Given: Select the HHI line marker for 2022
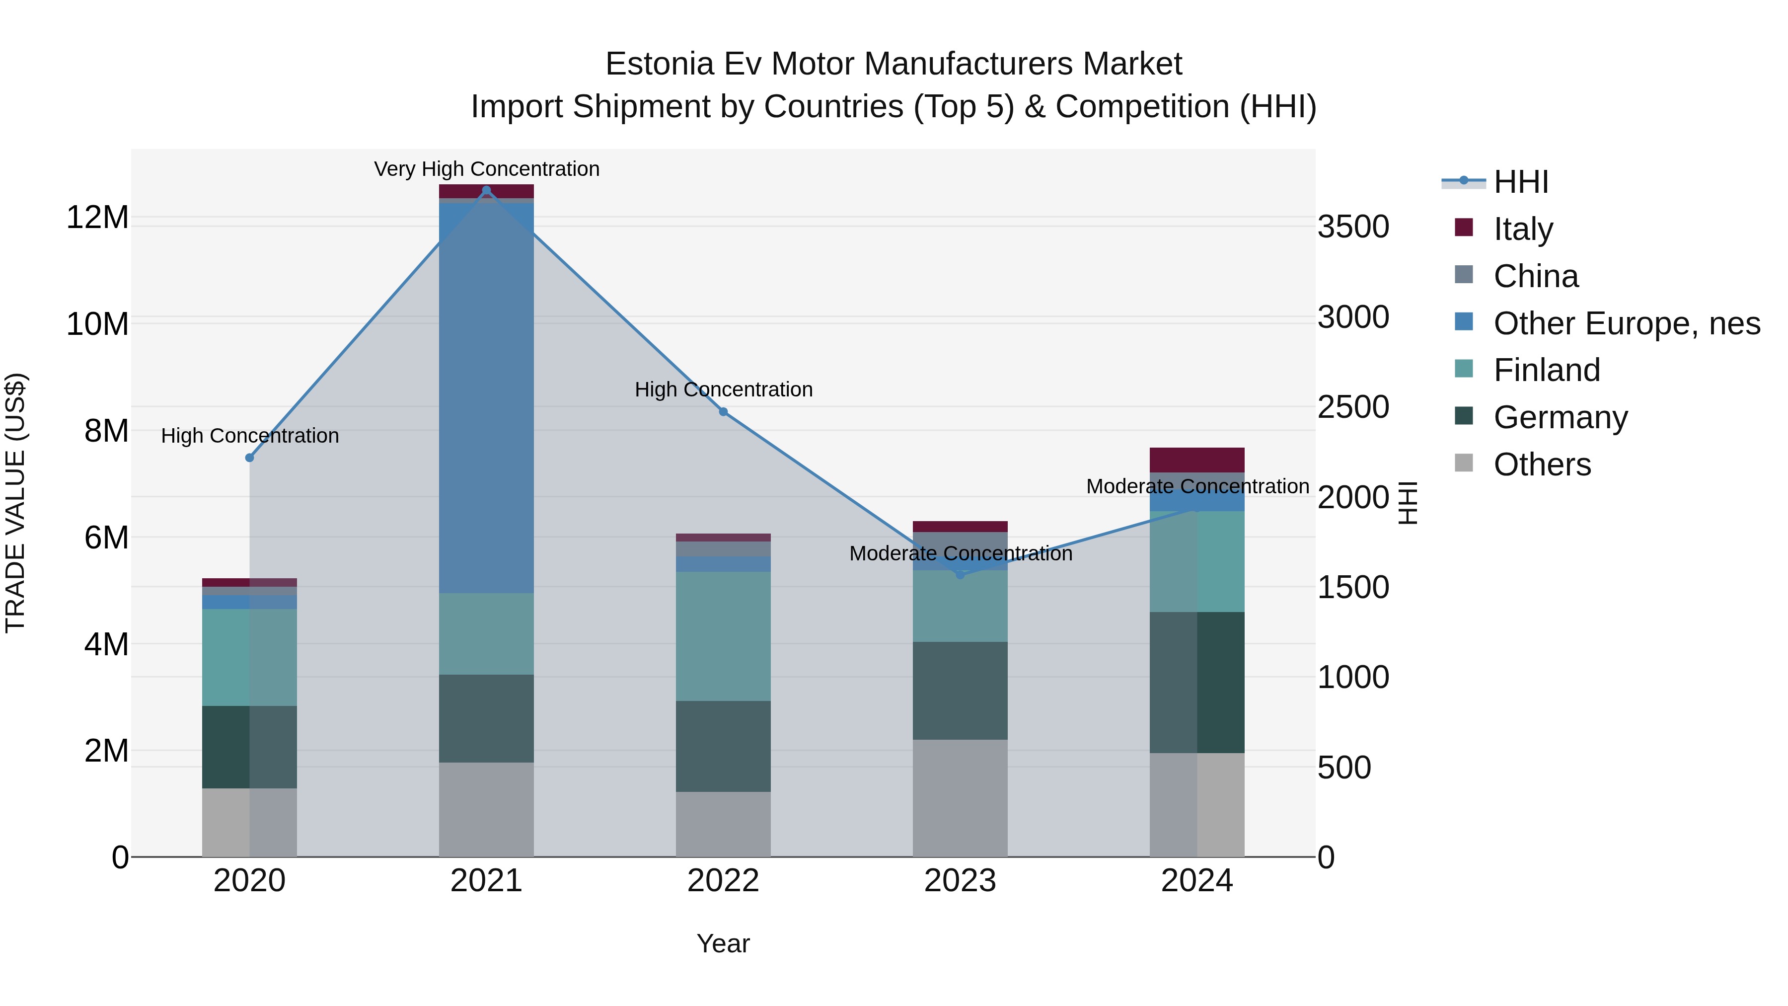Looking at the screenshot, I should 723,412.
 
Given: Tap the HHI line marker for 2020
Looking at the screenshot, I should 250,458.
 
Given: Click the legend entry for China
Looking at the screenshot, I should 1535,276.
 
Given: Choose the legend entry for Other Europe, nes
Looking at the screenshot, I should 1626,323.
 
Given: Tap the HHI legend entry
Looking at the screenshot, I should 1520,182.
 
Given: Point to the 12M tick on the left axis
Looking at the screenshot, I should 97,217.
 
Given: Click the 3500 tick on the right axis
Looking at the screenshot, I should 1353,227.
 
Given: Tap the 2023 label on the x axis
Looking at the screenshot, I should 960,881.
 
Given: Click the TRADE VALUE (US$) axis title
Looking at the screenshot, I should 15,503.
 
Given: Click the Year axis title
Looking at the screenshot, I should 723,943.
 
